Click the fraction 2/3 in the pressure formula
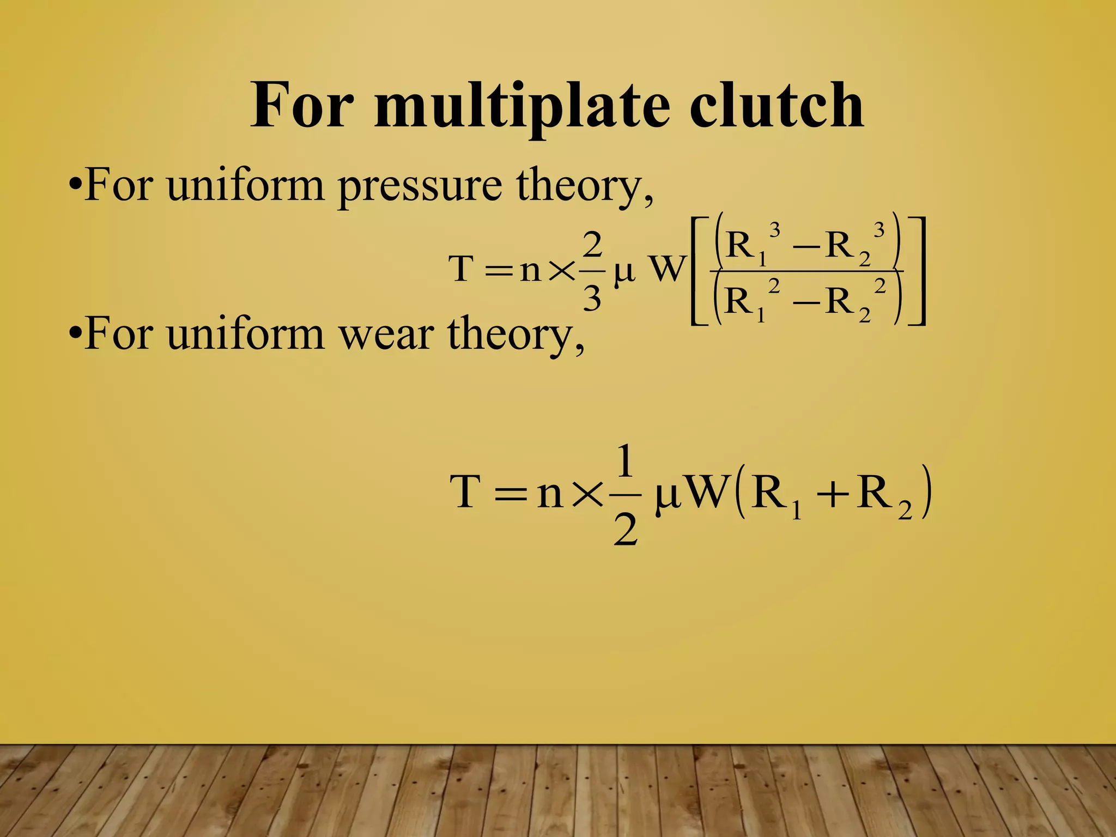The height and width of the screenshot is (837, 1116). pyautogui.click(x=592, y=271)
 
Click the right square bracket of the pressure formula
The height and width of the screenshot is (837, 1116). pyautogui.click(x=918, y=271)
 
